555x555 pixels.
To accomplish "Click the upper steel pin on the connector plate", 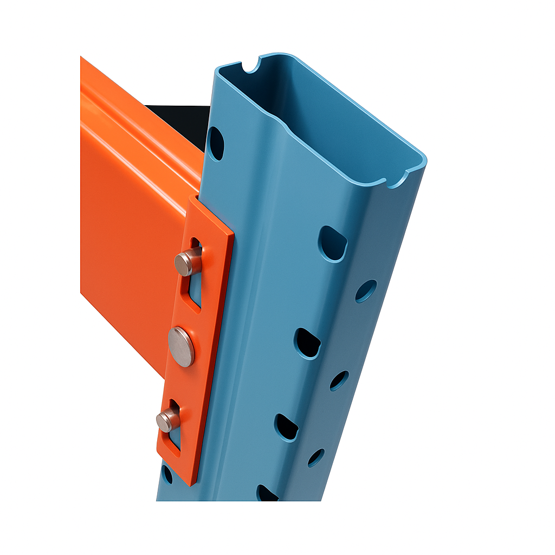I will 188,263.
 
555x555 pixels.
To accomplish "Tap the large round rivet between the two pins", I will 180,347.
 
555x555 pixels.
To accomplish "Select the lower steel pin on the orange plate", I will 167,420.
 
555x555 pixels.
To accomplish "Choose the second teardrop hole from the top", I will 307,343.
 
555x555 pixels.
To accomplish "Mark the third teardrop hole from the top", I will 286,427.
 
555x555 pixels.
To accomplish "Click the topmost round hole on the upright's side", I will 366,291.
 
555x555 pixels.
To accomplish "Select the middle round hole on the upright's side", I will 339,380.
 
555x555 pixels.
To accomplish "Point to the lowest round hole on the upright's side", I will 316,457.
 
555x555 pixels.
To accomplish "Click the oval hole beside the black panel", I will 216,144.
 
